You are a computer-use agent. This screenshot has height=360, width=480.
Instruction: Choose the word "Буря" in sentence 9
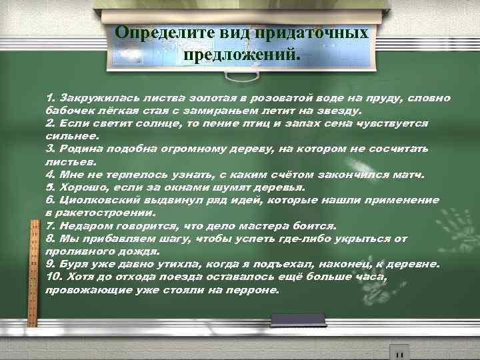74,263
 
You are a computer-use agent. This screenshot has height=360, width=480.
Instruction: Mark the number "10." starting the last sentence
54,277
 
